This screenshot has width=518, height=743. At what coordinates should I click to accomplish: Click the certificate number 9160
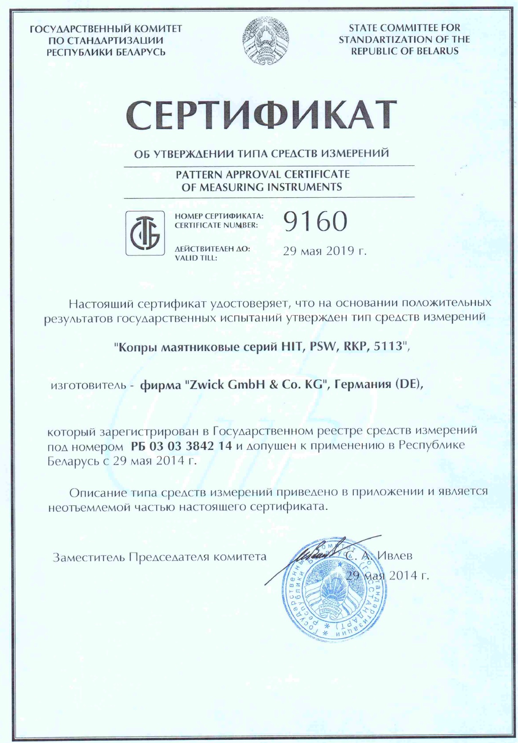click(315, 221)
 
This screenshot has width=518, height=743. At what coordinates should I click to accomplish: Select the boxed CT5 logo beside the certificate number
click(145, 233)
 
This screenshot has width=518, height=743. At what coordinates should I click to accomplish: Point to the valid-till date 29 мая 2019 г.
click(324, 251)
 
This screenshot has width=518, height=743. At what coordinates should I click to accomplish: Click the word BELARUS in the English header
click(437, 51)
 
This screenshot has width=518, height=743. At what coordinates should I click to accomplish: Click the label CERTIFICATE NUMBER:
click(216, 225)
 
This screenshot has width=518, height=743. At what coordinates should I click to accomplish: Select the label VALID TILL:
click(196, 258)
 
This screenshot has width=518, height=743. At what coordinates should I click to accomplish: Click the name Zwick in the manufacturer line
click(209, 385)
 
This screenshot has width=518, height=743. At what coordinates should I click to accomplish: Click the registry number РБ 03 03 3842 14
click(181, 446)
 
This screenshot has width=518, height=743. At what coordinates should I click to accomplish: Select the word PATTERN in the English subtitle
click(199, 174)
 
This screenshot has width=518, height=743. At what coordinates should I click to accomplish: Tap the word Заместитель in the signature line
click(89, 557)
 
